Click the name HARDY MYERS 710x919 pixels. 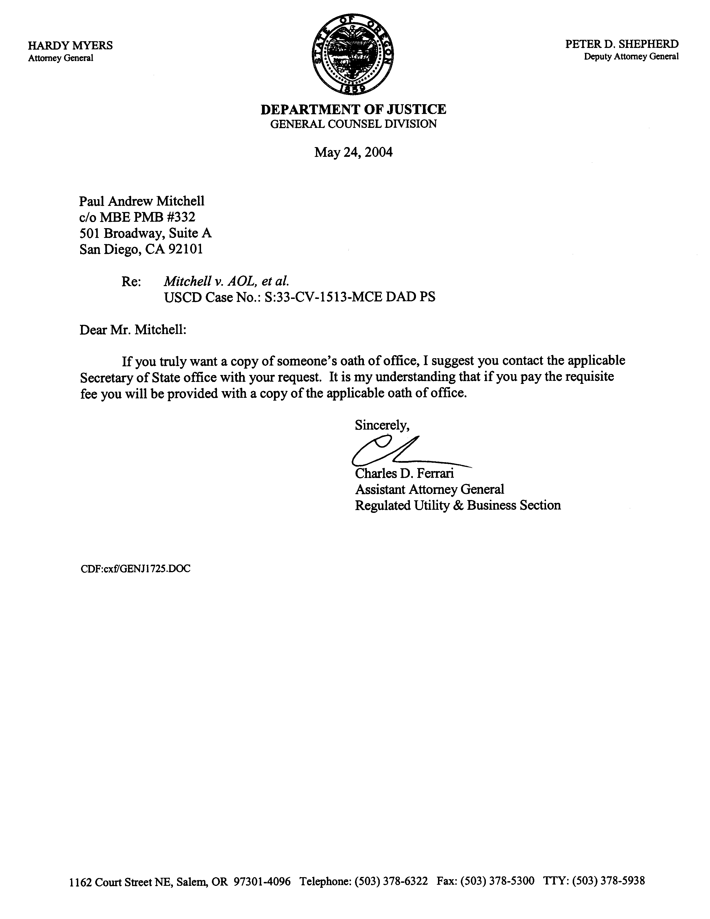point(70,45)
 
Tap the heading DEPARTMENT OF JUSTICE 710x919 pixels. point(353,109)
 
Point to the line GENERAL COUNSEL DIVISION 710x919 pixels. point(353,124)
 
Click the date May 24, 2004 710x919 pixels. point(353,152)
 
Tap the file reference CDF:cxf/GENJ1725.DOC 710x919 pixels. point(135,569)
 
